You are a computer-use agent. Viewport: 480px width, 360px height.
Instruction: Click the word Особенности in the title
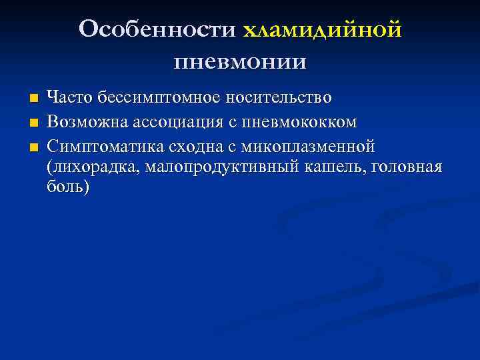pyautogui.click(x=157, y=30)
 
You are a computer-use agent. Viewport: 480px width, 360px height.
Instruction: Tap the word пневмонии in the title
pyautogui.click(x=240, y=62)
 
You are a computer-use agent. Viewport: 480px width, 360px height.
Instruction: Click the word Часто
pyautogui.click(x=70, y=98)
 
